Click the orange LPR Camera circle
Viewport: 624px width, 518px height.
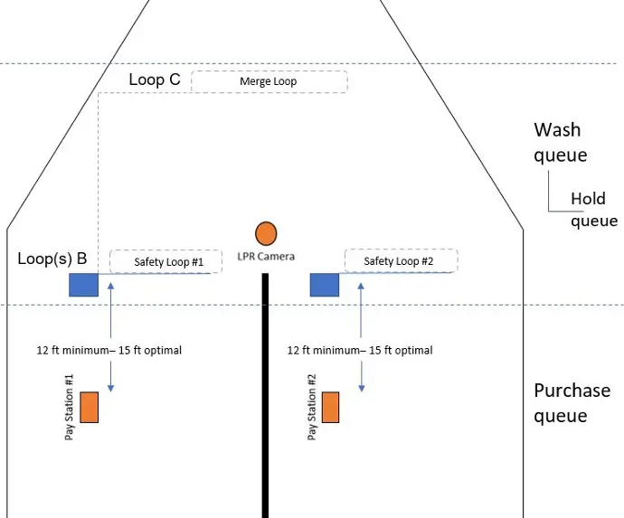pyautogui.click(x=265, y=233)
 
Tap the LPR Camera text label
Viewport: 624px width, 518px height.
pyautogui.click(x=265, y=257)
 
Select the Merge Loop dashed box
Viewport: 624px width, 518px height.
pyautogui.click(x=269, y=81)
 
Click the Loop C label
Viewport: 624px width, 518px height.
pyautogui.click(x=155, y=80)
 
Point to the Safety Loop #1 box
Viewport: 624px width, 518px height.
pyautogui.click(x=170, y=261)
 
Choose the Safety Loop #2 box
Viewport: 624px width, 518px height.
pyautogui.click(x=400, y=261)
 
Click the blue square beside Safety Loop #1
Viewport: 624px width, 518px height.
pyautogui.click(x=83, y=285)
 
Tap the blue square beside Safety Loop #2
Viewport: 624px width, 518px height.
pyautogui.click(x=325, y=285)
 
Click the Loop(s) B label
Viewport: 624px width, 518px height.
pyautogui.click(x=52, y=259)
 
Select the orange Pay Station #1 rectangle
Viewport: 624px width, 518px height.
pyautogui.click(x=89, y=407)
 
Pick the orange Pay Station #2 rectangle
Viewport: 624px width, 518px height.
pyautogui.click(x=330, y=407)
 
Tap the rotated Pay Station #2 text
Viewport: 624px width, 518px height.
pyautogui.click(x=312, y=406)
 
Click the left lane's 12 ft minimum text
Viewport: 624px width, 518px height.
pyautogui.click(x=109, y=350)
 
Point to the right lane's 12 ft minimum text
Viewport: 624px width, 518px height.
pyautogui.click(x=360, y=350)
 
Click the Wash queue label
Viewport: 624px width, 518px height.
pyautogui.click(x=560, y=142)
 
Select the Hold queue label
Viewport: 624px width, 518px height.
pyautogui.click(x=593, y=210)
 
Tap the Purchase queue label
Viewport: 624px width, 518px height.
pyautogui.click(x=572, y=403)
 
